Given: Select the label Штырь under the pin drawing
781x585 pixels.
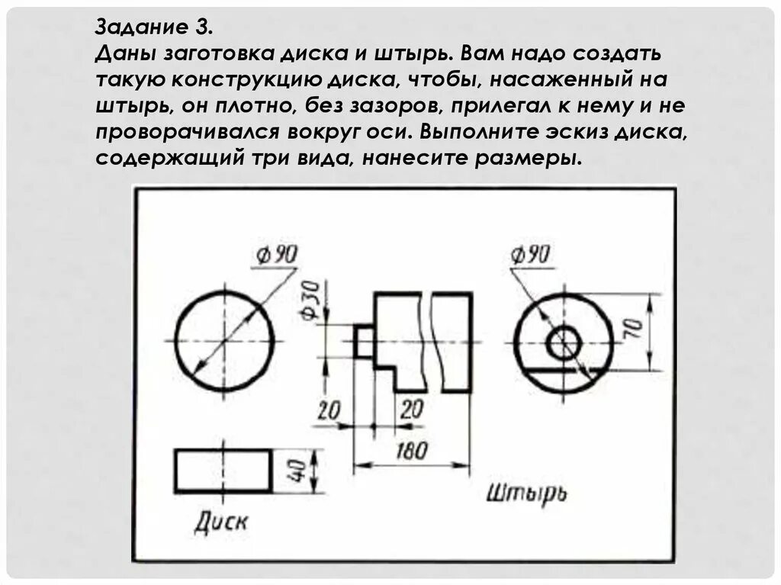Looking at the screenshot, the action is (526, 493).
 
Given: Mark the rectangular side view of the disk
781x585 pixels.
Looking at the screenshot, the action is (223, 471).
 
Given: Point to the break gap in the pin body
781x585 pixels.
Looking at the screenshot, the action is (426, 341).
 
